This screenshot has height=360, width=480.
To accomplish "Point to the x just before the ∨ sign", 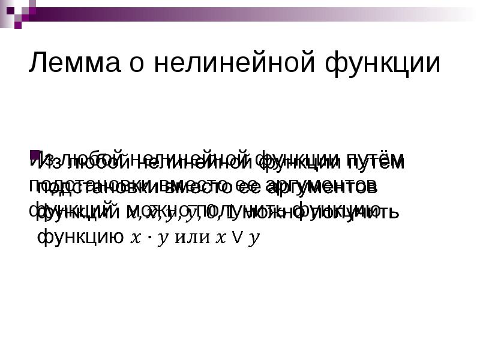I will (x=221, y=239).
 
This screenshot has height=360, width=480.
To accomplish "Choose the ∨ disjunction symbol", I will (x=237, y=239).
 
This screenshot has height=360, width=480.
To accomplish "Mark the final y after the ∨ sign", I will (x=254, y=240).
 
